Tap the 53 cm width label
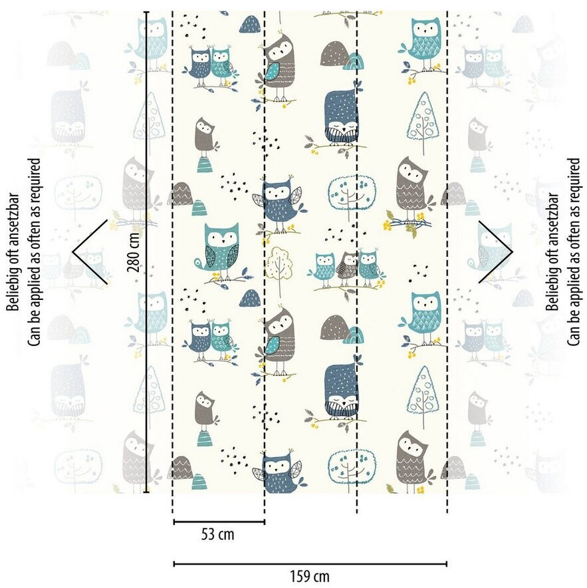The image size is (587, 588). pos(217,534)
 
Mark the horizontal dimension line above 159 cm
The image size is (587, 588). pos(310,563)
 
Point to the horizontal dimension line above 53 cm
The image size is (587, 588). pos(219,522)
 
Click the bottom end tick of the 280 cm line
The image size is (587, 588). pos(146,493)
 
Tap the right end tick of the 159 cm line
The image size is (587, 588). pos(447,563)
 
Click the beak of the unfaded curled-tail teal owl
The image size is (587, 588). pos(221,241)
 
